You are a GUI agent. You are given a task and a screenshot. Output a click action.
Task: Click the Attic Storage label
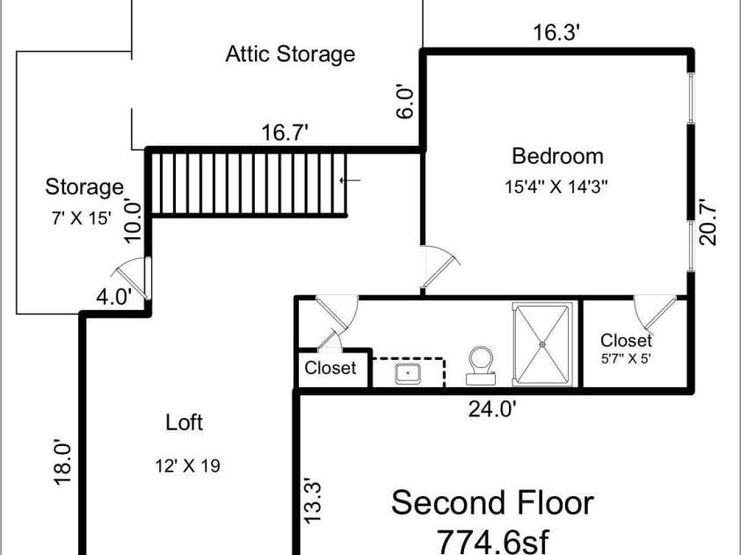click(290, 54)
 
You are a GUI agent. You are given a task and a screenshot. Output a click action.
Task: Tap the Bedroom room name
click(557, 156)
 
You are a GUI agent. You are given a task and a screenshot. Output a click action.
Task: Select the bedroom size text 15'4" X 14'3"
click(556, 187)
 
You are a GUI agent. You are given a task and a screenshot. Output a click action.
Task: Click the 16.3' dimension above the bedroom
click(556, 33)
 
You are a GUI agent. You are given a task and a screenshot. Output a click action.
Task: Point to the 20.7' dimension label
click(708, 224)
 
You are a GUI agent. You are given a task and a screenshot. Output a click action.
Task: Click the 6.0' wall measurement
click(405, 102)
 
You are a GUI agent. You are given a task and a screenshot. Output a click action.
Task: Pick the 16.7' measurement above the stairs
click(285, 132)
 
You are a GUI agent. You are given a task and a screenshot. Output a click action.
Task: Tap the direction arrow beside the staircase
click(350, 180)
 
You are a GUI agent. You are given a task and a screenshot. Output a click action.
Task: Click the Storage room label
click(84, 187)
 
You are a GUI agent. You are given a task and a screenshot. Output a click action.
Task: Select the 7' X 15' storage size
click(81, 218)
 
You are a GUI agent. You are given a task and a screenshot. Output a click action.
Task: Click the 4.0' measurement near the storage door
click(113, 298)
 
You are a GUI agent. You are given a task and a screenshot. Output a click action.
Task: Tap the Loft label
click(185, 422)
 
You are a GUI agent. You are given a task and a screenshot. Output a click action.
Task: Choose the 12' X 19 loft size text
click(187, 466)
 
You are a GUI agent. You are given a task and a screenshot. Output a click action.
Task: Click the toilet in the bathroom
click(481, 365)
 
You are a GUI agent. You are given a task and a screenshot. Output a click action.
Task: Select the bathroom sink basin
click(408, 374)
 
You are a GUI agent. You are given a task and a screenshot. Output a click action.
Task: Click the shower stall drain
click(542, 344)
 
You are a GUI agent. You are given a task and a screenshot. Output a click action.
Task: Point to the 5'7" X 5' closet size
click(626, 358)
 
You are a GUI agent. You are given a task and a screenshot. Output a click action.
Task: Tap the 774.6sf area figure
click(493, 541)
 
